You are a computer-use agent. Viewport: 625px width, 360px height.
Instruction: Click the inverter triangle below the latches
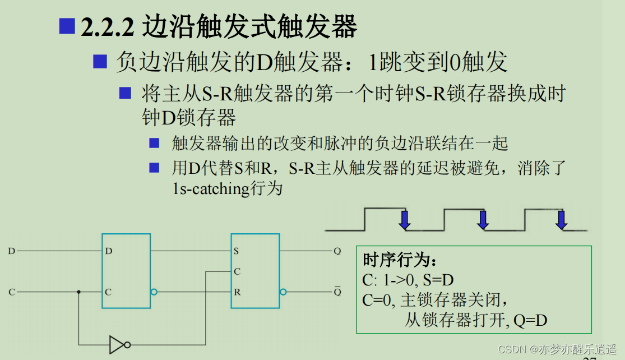116,344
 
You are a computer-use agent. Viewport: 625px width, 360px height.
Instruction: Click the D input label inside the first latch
109,251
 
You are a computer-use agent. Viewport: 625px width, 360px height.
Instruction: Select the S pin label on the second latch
237,251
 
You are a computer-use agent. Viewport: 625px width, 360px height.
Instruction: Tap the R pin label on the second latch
237,292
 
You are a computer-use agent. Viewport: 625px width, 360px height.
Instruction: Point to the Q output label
337,251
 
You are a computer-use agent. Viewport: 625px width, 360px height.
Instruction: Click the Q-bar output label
337,292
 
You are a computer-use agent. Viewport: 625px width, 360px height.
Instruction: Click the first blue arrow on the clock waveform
404,220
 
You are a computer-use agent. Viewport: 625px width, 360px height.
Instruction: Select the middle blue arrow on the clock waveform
483,220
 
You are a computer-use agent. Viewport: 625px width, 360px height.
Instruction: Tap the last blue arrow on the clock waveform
561,220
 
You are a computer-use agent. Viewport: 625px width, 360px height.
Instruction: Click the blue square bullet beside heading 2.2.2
67,26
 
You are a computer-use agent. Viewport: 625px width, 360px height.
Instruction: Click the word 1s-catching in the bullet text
211,189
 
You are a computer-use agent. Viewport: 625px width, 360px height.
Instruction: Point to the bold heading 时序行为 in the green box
399,261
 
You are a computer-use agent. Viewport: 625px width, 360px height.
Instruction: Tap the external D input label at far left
11,251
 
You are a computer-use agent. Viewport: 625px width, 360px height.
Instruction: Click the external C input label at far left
11,292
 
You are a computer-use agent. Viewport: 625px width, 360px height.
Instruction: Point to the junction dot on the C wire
78,292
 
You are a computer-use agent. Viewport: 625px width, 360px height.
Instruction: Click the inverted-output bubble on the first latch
154,292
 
